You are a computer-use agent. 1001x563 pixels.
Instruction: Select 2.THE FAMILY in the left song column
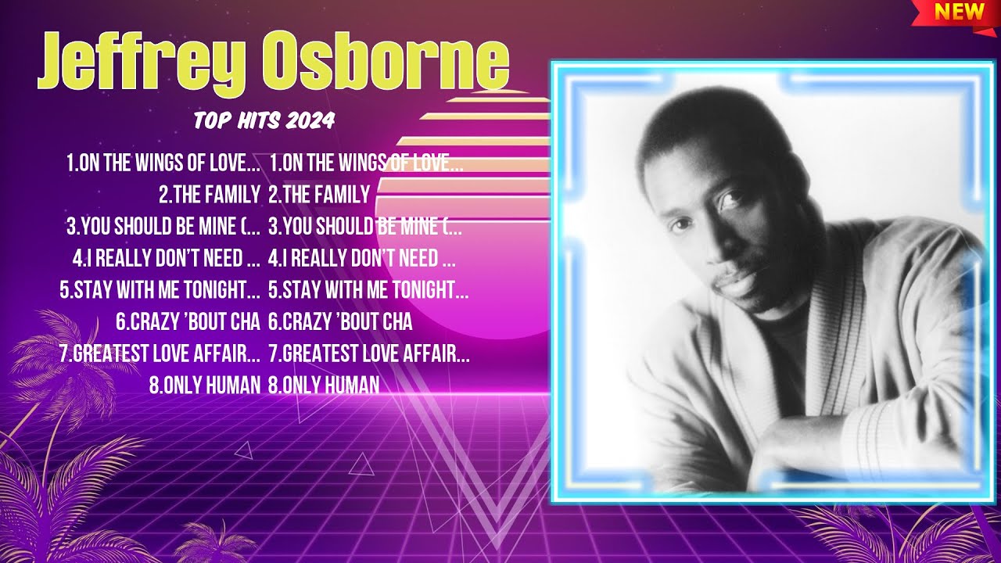[x=209, y=195]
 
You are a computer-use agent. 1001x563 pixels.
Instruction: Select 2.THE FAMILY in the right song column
[x=319, y=195]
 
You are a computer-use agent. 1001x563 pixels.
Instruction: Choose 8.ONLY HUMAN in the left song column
[x=204, y=385]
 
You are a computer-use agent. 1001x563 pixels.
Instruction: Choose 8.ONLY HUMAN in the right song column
[x=324, y=385]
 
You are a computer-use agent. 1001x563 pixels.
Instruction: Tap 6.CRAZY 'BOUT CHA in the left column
[x=188, y=321]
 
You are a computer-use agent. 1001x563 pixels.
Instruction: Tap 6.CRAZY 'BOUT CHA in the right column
[x=340, y=321]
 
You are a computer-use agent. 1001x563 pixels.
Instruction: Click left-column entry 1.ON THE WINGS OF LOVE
[x=163, y=163]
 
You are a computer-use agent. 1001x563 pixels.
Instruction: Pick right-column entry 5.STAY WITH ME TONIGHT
[x=368, y=290]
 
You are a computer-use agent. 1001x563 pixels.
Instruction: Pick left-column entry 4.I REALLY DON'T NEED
[x=167, y=258]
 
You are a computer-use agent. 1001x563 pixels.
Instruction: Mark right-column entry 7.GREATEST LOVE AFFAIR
[x=369, y=353]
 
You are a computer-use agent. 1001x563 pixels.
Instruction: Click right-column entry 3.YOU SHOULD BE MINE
[x=365, y=227]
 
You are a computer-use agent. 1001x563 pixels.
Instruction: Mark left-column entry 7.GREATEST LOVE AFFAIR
[x=160, y=353]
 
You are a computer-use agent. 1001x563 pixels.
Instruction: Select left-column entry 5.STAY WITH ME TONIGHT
[x=160, y=290]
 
